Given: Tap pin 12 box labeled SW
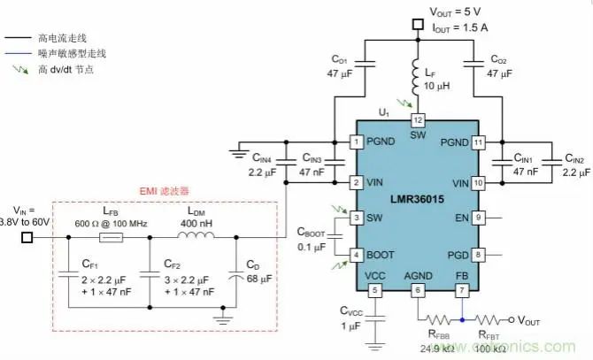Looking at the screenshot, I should click(x=418, y=120).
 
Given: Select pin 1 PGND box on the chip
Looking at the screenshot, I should click(x=357, y=141).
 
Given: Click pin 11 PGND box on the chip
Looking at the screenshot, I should click(x=479, y=141).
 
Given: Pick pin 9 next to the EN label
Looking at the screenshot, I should click(x=479, y=217).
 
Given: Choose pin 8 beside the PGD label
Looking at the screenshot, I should click(x=479, y=255).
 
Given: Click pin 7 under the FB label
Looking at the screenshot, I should click(x=461, y=291).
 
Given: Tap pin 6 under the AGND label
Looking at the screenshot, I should click(x=418, y=291).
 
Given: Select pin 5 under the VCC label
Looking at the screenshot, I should click(x=374, y=291).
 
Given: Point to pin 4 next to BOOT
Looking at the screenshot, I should click(x=357, y=255).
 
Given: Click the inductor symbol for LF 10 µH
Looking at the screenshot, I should click(x=418, y=79).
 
